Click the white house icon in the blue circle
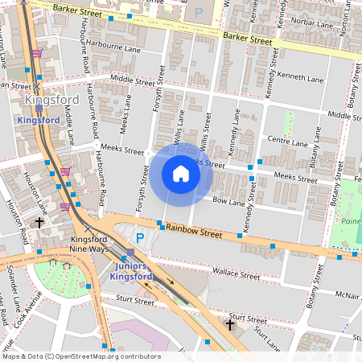click(181, 174)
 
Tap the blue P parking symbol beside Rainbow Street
click(139, 238)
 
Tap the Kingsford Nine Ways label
click(89, 245)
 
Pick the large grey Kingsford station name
click(47, 100)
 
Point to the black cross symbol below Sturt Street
click(230, 325)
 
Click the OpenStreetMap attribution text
click(81, 356)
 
